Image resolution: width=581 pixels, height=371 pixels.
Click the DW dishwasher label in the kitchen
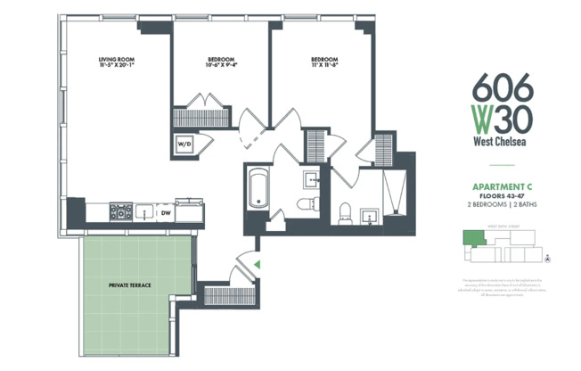tap(166, 212)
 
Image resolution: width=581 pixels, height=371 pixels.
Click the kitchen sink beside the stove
tap(143, 212)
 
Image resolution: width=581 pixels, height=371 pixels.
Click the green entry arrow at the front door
tap(256, 264)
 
